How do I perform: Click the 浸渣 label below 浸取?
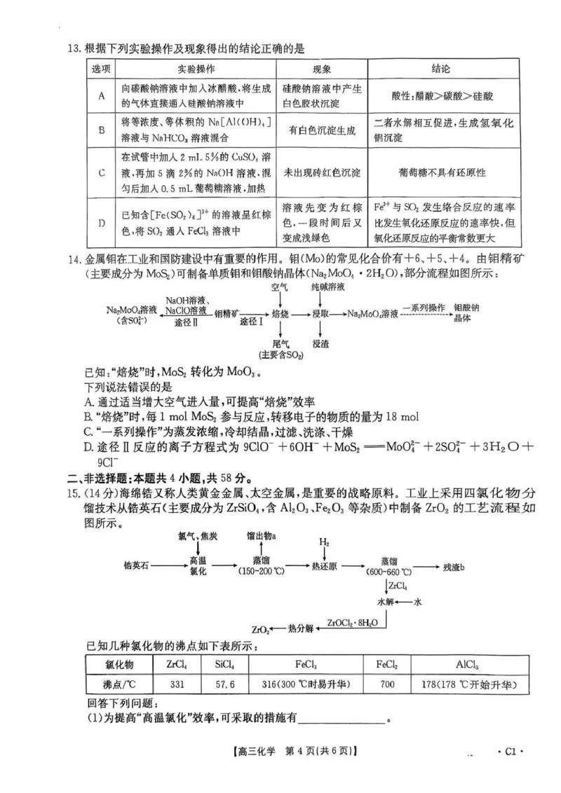pyautogui.click(x=320, y=345)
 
